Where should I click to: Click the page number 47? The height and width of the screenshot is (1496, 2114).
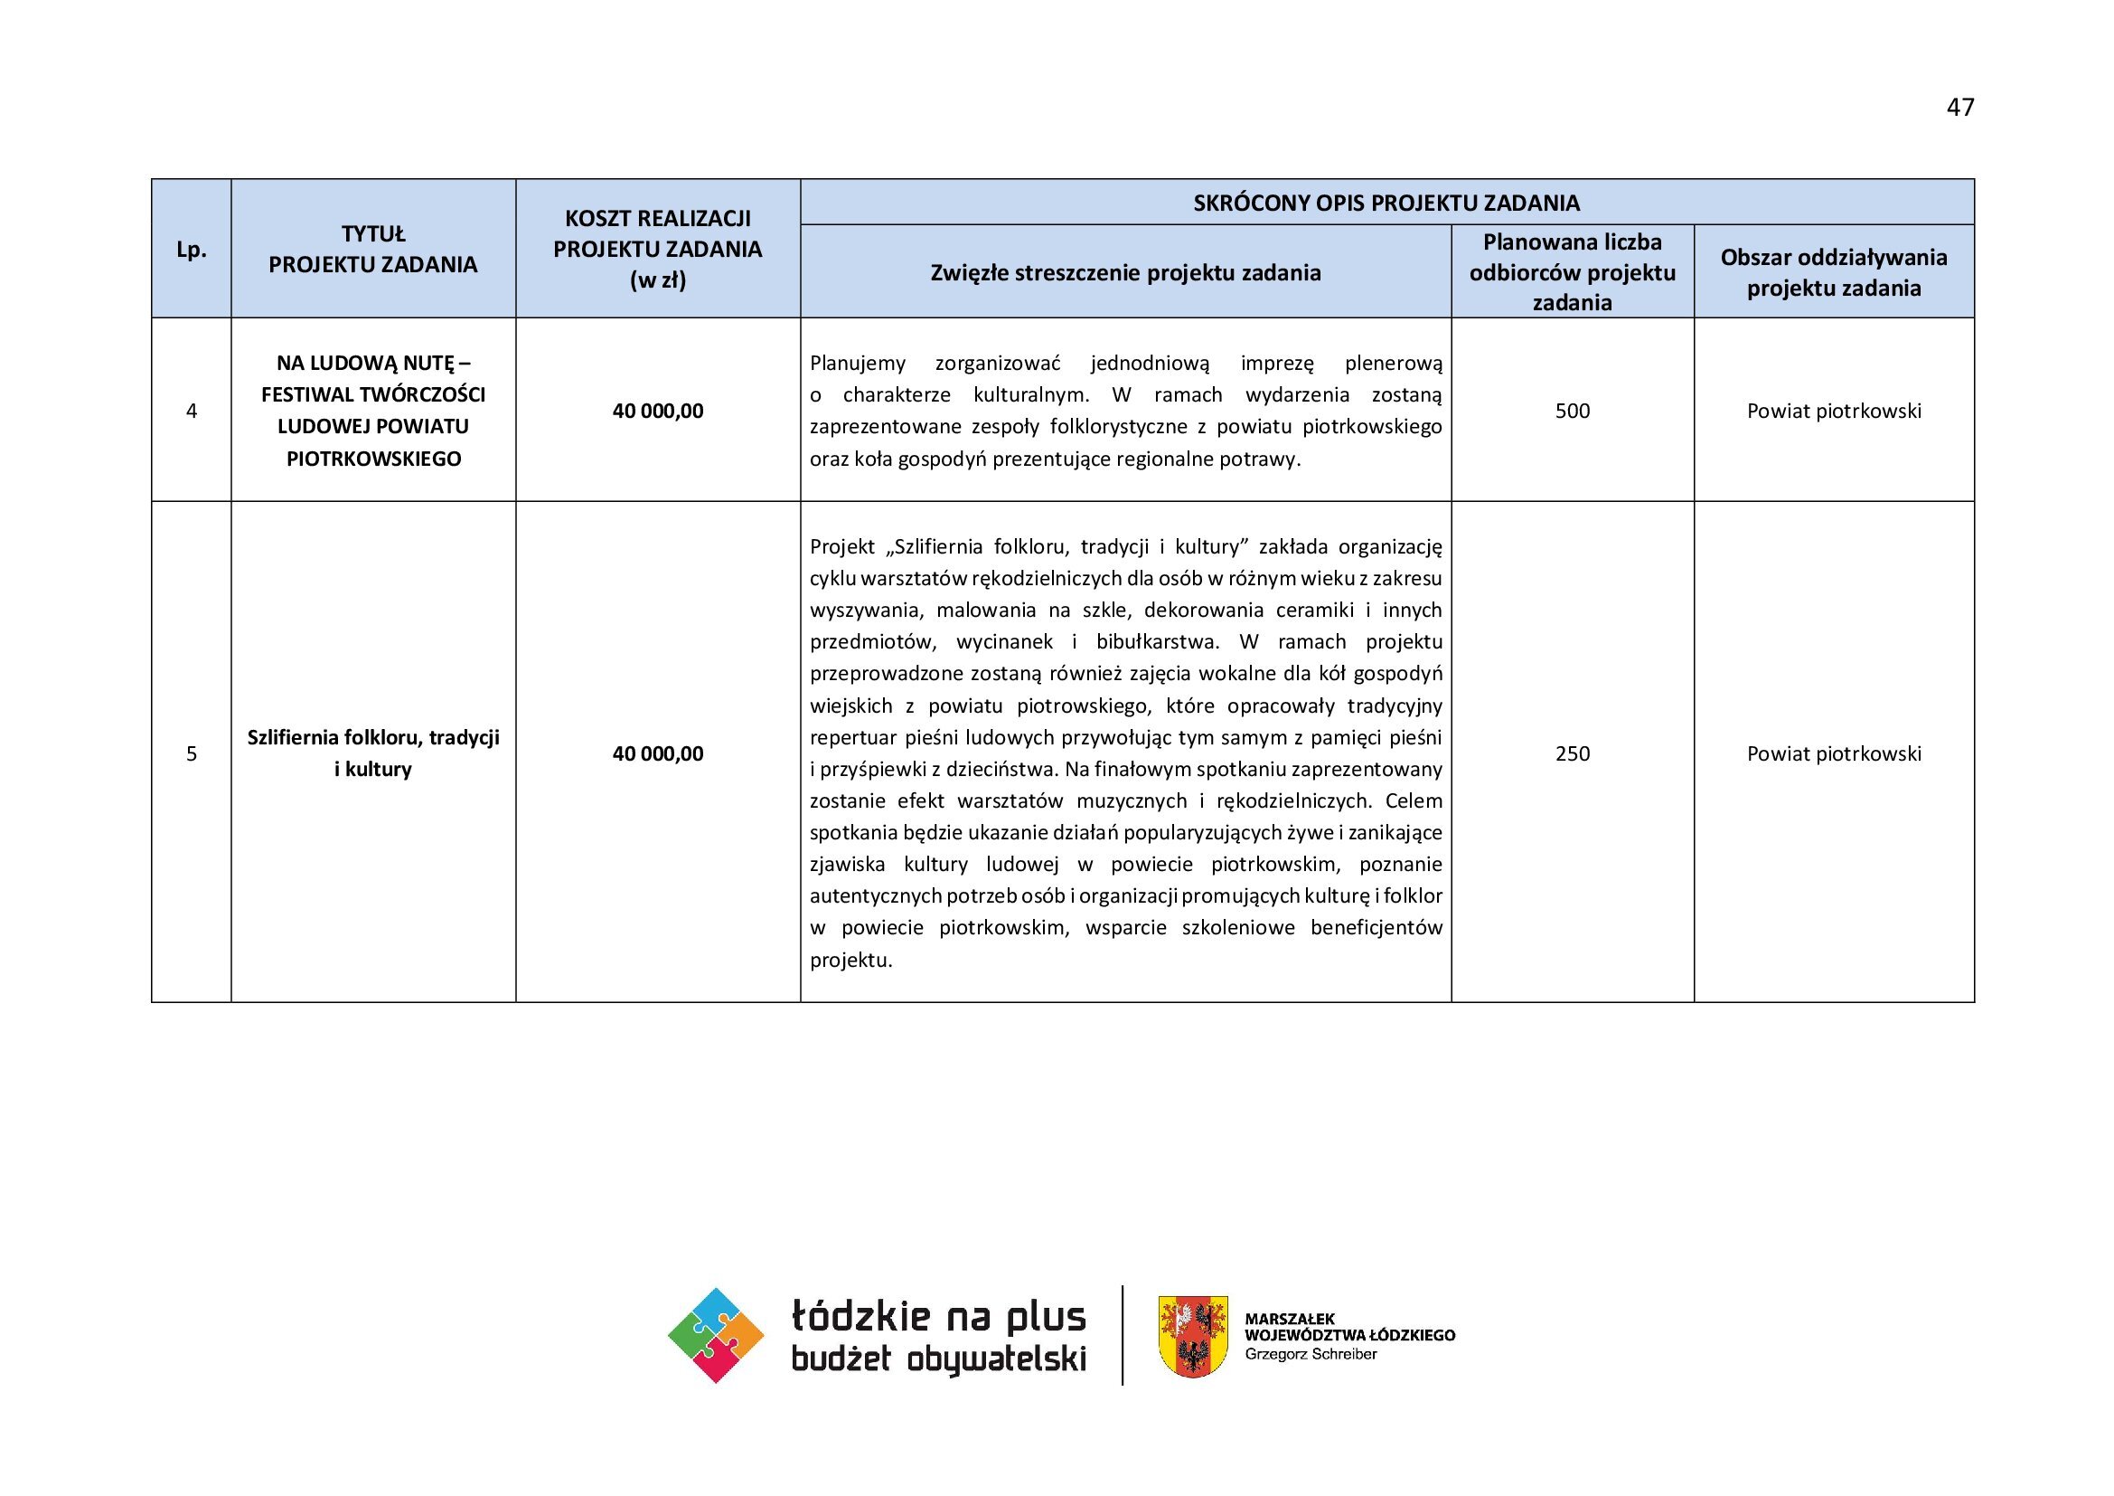pyautogui.click(x=1959, y=108)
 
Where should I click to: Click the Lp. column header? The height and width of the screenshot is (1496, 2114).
pyautogui.click(x=192, y=250)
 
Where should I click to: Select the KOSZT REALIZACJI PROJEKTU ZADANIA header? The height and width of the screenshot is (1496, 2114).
pyautogui.click(x=657, y=249)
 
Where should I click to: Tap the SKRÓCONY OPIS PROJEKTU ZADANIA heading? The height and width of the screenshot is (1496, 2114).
pyautogui.click(x=1386, y=203)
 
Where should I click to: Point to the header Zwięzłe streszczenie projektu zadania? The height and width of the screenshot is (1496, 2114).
pyautogui.click(x=1125, y=272)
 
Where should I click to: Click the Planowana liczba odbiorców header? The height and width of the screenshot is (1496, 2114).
pyautogui.click(x=1572, y=271)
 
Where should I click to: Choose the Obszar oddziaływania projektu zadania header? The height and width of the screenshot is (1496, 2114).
pyautogui.click(x=1833, y=271)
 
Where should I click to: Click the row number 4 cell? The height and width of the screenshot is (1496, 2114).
pyautogui.click(x=192, y=411)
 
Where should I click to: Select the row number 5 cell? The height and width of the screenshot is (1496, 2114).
pyautogui.click(x=192, y=753)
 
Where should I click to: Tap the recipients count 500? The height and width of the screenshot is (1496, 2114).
pyautogui.click(x=1572, y=411)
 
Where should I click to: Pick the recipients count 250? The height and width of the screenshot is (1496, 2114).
pyautogui.click(x=1572, y=753)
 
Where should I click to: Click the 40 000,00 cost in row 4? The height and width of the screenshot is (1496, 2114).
pyautogui.click(x=657, y=411)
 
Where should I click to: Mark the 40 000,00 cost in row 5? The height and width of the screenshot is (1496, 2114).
pyautogui.click(x=657, y=753)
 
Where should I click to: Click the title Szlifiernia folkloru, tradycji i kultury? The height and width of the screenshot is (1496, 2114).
pyautogui.click(x=373, y=753)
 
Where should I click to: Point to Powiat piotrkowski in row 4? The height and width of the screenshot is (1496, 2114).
pyautogui.click(x=1833, y=411)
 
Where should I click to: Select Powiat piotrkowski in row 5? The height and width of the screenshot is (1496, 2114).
pyautogui.click(x=1833, y=753)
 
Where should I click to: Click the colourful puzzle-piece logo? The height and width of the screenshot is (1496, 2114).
pyautogui.click(x=716, y=1335)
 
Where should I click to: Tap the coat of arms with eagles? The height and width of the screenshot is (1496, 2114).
pyautogui.click(x=1192, y=1336)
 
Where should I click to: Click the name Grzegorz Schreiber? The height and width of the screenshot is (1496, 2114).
pyautogui.click(x=1311, y=1354)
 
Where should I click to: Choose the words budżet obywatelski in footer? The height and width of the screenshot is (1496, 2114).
pyautogui.click(x=938, y=1359)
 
